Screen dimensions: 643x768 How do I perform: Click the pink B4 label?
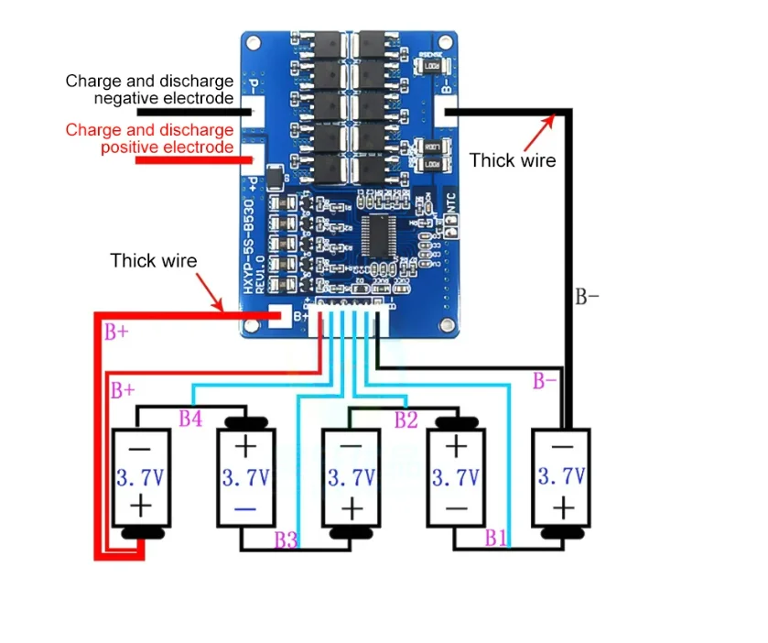point(190,420)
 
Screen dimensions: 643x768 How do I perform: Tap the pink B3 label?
point(286,540)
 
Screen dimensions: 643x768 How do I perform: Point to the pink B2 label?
point(406,420)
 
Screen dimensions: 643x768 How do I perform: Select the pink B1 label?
point(496,537)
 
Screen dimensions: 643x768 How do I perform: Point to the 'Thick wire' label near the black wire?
point(513,160)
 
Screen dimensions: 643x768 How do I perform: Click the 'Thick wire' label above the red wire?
point(154,260)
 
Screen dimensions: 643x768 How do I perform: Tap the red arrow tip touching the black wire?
point(557,115)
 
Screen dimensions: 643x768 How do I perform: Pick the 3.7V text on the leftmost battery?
point(141,476)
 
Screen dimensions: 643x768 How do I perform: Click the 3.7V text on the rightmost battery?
point(562,476)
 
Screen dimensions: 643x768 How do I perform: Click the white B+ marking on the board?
point(301,318)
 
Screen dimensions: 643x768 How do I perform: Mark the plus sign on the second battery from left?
point(245,448)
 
